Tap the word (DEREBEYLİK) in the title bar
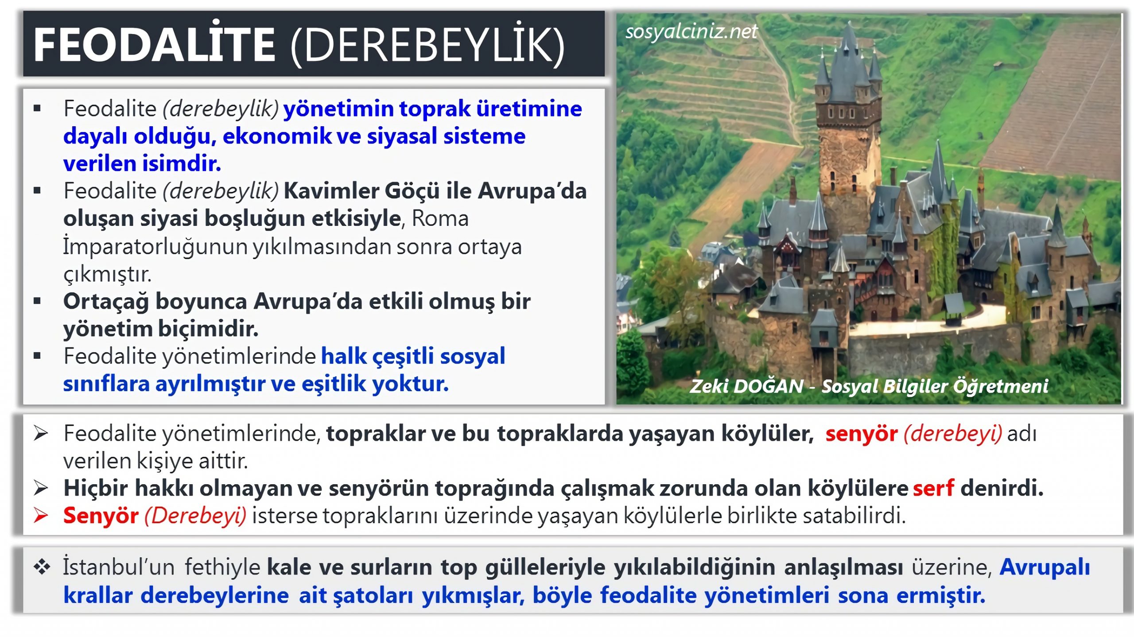point(428,46)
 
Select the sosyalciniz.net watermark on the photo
point(691,31)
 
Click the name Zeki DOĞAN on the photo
point(746,386)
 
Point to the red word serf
point(934,488)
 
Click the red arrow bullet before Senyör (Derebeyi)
point(41,515)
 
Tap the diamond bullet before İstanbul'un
point(42,567)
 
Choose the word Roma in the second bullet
point(440,218)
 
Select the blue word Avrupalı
point(1045,567)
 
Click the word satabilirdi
point(854,515)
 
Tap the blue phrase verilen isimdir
point(142,163)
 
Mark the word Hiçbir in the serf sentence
point(96,488)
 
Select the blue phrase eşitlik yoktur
point(375,384)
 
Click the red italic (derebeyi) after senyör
point(952,433)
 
